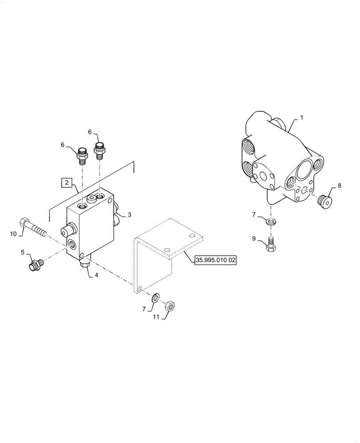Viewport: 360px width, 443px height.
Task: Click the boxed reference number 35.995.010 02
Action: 215,260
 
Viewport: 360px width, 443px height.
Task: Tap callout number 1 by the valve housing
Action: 302,118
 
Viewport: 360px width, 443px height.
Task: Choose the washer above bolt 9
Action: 271,221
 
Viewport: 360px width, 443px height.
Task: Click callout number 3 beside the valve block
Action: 129,214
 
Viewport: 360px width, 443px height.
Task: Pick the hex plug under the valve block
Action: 84,264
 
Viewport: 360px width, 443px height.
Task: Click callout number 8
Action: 339,186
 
